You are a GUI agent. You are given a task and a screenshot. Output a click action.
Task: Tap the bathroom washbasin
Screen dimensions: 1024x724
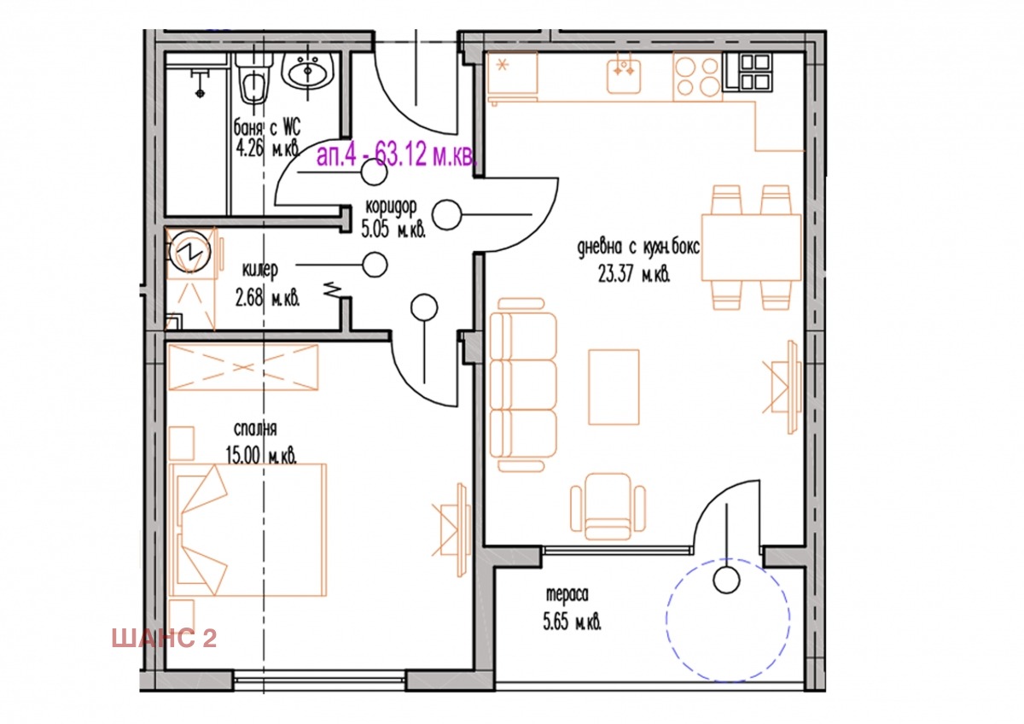point(308,71)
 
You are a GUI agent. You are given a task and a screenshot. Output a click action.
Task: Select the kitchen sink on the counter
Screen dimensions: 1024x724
point(624,73)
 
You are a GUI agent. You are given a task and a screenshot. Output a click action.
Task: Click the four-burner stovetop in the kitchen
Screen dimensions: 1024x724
point(698,76)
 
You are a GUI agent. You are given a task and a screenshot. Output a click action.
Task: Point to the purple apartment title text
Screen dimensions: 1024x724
point(396,155)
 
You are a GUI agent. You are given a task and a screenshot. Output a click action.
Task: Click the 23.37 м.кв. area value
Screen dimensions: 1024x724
point(634,275)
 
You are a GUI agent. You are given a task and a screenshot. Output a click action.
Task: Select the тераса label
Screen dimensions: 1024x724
point(567,594)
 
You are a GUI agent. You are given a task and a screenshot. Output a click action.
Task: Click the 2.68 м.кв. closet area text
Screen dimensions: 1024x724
point(267,299)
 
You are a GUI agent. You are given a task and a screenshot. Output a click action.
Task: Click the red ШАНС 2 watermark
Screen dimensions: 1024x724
point(164,638)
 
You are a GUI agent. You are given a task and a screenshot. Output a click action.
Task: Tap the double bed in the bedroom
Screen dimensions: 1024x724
point(247,529)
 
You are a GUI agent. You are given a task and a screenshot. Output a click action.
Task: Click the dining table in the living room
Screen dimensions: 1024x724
point(751,247)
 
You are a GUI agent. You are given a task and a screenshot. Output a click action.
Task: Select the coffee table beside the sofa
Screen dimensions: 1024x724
point(614,387)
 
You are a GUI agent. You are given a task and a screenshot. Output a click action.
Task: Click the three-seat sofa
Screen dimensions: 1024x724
point(523,385)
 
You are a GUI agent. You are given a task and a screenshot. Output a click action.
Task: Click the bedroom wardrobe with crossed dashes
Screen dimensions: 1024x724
point(243,367)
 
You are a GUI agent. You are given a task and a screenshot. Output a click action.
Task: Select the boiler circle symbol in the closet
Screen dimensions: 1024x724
point(189,251)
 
